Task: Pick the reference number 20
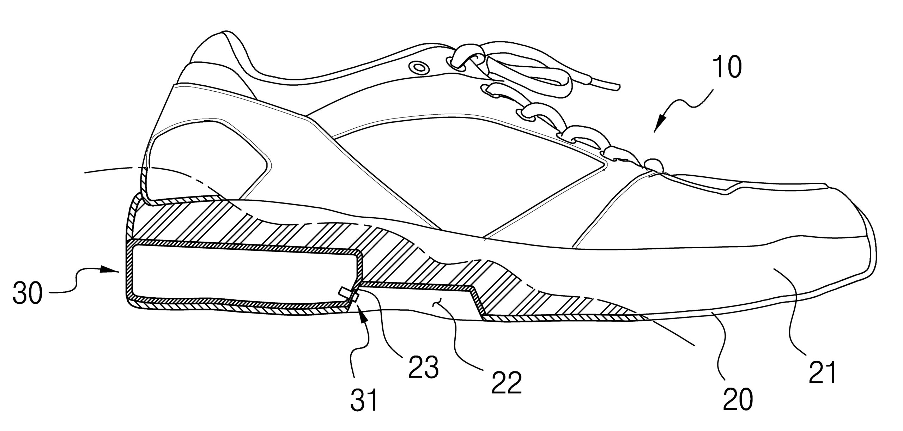(x=737, y=408)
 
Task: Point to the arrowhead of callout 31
(x=360, y=310)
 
